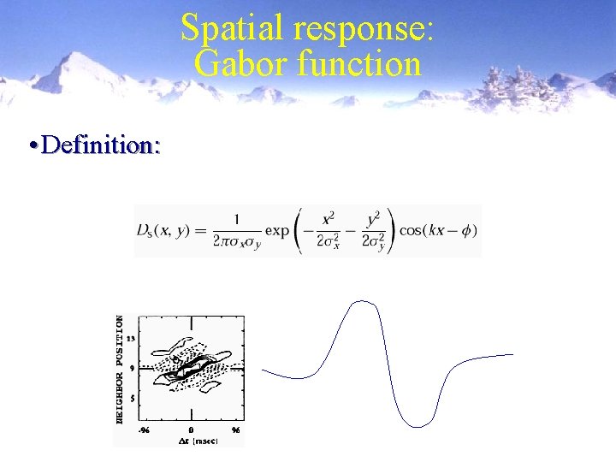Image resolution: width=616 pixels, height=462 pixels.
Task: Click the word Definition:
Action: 100,145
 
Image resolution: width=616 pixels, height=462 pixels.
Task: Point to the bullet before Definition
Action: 32,145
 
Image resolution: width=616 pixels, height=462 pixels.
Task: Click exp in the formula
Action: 277,231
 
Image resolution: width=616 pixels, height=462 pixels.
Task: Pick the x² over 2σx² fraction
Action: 327,231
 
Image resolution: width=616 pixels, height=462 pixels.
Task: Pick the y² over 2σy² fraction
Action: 374,231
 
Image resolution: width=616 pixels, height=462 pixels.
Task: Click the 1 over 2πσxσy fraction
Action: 236,231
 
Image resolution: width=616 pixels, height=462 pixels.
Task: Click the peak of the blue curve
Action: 364,301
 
